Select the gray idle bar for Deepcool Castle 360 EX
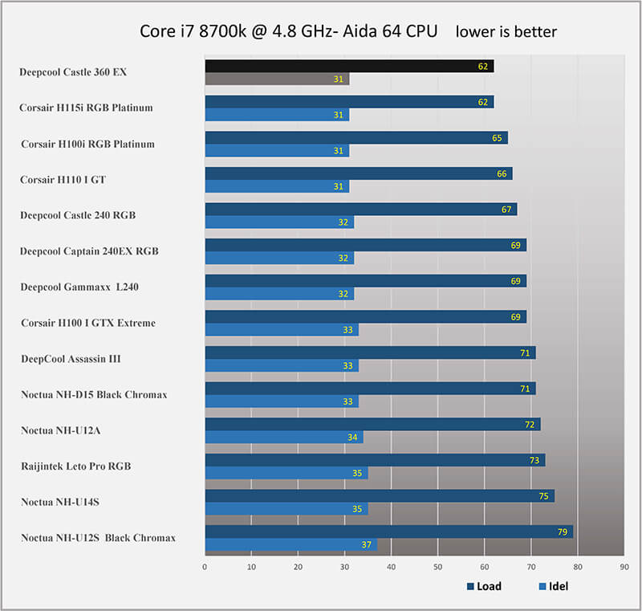[x=277, y=79]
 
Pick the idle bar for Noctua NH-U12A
[x=283, y=438]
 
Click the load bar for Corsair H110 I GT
[x=357, y=173]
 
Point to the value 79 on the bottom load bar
[x=563, y=532]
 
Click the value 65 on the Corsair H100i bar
[x=497, y=138]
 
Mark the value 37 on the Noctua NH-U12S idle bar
[x=367, y=545]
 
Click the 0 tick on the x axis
[x=205, y=567]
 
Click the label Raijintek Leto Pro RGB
[x=76, y=466]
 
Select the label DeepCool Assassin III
[x=71, y=359]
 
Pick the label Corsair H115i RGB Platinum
[x=86, y=108]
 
